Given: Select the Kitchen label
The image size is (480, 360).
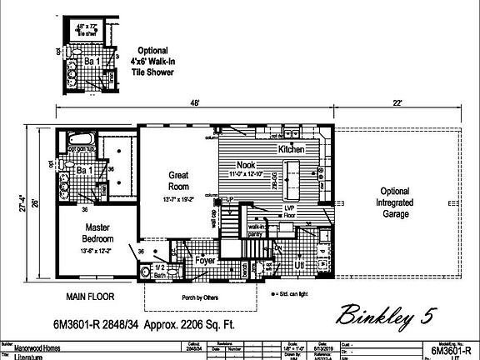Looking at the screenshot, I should pyautogui.click(x=292, y=148).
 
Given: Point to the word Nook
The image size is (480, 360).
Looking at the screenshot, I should pyautogui.click(x=246, y=164).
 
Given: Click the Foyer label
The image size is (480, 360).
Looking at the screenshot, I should pyautogui.click(x=205, y=260).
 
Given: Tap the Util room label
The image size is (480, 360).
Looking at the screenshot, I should pyautogui.click(x=298, y=264).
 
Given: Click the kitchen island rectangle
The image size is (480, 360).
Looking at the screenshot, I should pyautogui.click(x=294, y=174).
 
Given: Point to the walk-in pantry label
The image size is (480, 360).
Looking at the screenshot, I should pyautogui.click(x=255, y=230).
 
